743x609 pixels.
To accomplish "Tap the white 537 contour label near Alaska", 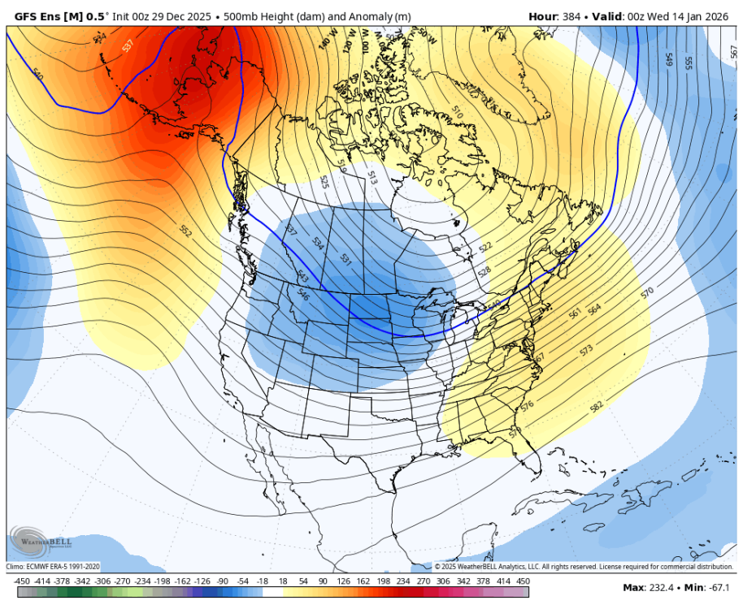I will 128,46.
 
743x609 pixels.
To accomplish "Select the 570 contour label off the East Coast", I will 647,292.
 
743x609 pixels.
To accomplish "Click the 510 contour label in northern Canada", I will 456,114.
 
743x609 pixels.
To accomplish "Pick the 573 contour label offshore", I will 586,350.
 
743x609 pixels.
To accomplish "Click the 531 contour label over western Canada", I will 345,260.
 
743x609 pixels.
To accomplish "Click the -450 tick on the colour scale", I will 23,581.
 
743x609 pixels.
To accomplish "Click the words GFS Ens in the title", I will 36,16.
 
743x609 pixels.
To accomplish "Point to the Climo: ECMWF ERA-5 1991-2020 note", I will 54,566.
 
